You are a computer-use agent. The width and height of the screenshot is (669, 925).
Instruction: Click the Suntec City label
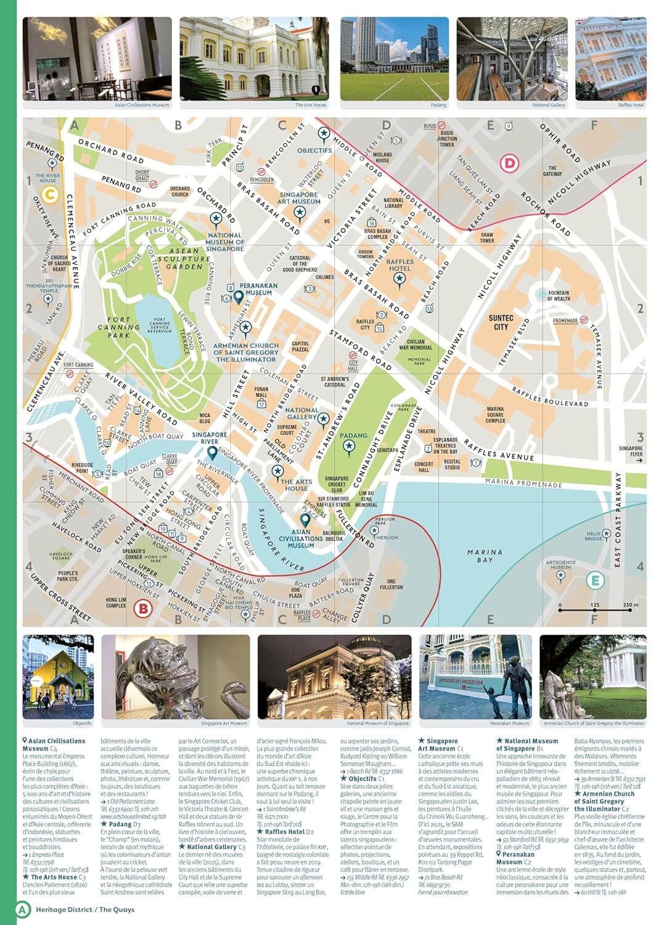501,323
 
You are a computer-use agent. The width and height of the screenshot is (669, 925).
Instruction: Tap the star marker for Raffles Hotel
399,279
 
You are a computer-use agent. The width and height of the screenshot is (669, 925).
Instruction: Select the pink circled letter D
509,164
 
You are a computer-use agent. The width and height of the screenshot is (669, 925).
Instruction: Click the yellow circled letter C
49,195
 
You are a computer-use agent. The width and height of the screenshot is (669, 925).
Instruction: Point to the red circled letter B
142,609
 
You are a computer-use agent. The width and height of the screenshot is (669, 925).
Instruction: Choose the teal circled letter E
594,580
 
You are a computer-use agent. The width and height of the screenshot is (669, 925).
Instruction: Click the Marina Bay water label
485,556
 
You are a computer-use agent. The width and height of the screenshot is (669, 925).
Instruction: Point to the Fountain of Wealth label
558,296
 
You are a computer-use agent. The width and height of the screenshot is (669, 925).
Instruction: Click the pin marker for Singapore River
212,453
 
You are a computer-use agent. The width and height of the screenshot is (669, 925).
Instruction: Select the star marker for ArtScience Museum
560,575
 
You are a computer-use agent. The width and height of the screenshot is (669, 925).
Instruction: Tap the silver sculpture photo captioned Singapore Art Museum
175,676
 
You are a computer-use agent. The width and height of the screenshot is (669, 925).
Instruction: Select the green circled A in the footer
23,909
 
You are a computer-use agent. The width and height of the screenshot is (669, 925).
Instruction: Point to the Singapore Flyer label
630,452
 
